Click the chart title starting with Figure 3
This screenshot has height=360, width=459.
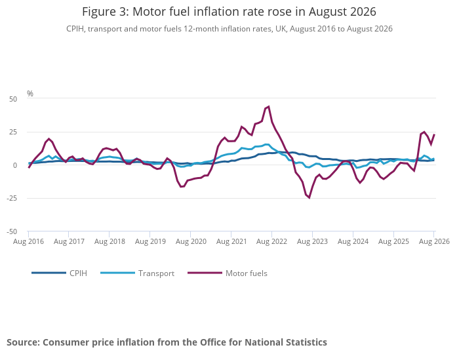(x=229, y=12)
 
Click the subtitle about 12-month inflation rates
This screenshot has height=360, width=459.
(x=229, y=29)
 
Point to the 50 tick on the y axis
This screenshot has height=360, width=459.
(x=13, y=99)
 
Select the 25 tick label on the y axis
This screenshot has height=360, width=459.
(x=13, y=132)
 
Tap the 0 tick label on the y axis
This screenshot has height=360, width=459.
(x=15, y=165)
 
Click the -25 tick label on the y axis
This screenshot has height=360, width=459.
(x=12, y=198)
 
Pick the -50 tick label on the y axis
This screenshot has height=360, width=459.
(x=12, y=231)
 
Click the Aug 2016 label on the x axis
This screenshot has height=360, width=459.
(x=28, y=241)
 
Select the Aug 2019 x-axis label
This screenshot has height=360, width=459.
(x=150, y=241)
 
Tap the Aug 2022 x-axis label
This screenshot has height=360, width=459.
(x=271, y=241)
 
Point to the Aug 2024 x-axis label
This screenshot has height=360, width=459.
(x=353, y=241)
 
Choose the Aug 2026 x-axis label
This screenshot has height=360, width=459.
(x=434, y=241)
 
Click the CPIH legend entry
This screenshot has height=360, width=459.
(x=60, y=273)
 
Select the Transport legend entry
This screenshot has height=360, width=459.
(x=137, y=273)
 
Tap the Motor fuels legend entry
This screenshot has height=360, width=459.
(x=228, y=273)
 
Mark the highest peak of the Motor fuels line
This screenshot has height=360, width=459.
(x=269, y=106)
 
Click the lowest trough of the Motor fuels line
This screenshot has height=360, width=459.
(x=309, y=198)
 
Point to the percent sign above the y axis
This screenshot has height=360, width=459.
(x=30, y=93)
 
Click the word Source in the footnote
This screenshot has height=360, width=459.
(x=24, y=342)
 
